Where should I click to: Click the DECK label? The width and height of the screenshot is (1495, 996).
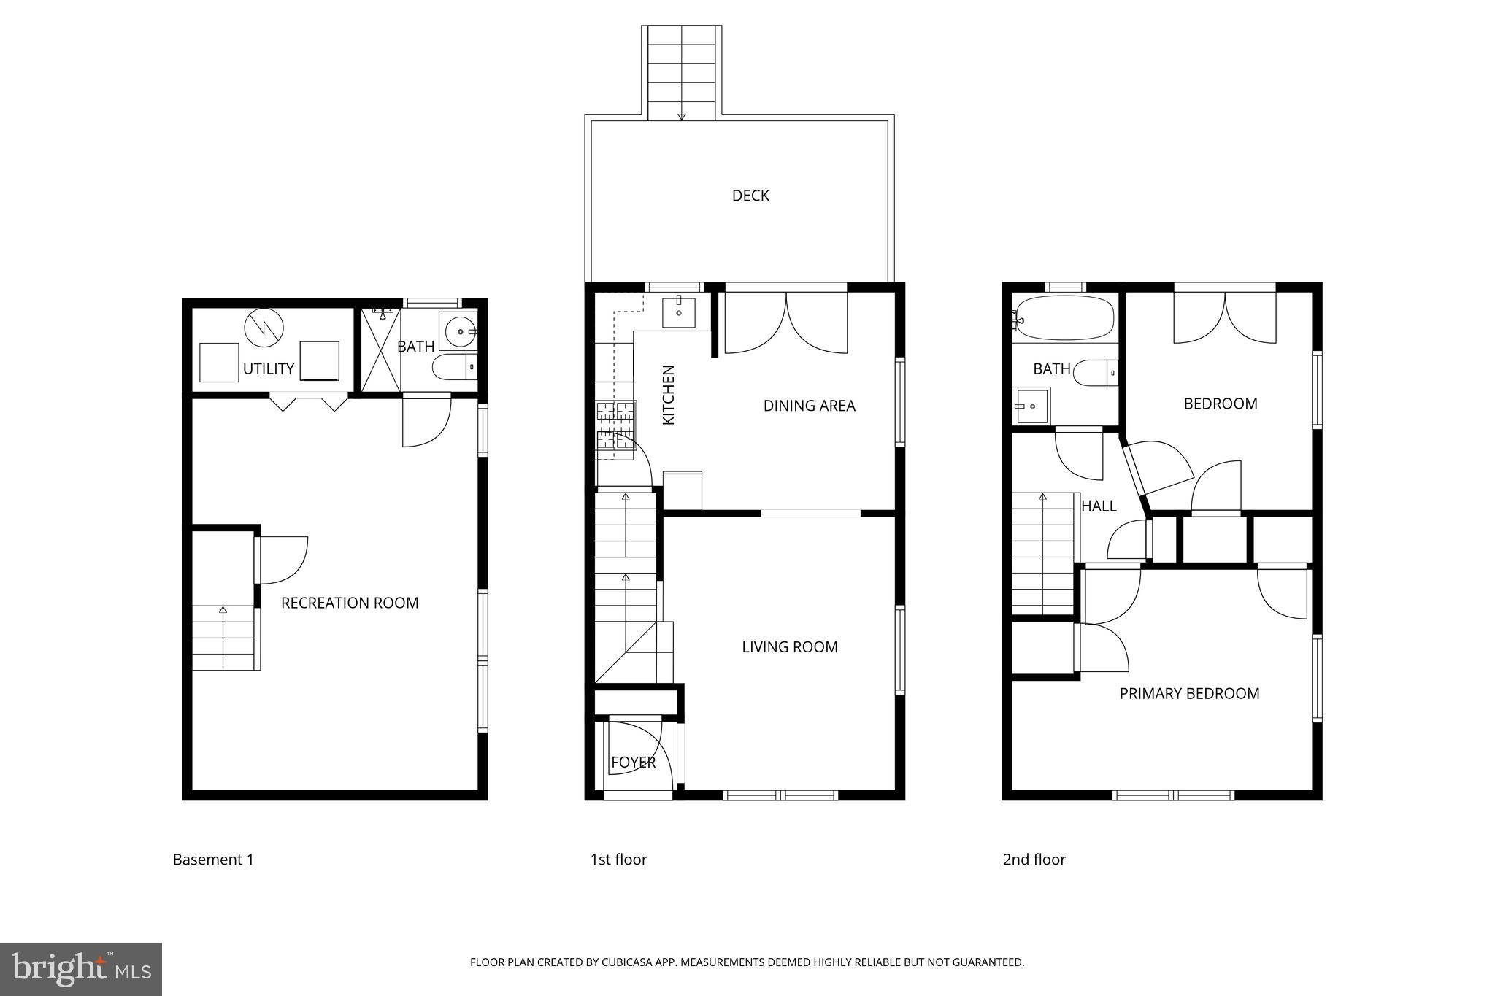click(750, 196)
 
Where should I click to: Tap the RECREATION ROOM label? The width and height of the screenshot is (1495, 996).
click(350, 603)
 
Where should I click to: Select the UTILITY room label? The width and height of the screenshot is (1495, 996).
click(268, 369)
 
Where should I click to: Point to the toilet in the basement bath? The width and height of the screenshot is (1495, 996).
click(453, 367)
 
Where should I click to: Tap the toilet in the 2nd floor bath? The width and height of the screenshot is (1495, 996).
click(1094, 373)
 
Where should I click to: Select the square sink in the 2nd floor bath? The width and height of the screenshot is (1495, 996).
click(1031, 406)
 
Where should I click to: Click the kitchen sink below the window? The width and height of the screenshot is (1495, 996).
click(679, 312)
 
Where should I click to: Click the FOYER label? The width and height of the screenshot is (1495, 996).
click(633, 763)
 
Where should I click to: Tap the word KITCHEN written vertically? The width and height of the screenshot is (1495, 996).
click(669, 395)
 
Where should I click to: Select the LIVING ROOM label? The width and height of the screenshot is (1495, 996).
click(790, 647)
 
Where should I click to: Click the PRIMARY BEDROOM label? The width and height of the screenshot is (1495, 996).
click(1189, 694)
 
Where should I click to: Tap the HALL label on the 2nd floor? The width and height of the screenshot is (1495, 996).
click(1099, 506)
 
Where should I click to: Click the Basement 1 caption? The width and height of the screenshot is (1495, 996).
click(213, 860)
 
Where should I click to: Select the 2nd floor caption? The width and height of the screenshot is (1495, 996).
click(1034, 860)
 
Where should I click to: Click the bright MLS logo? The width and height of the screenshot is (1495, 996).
click(81, 969)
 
